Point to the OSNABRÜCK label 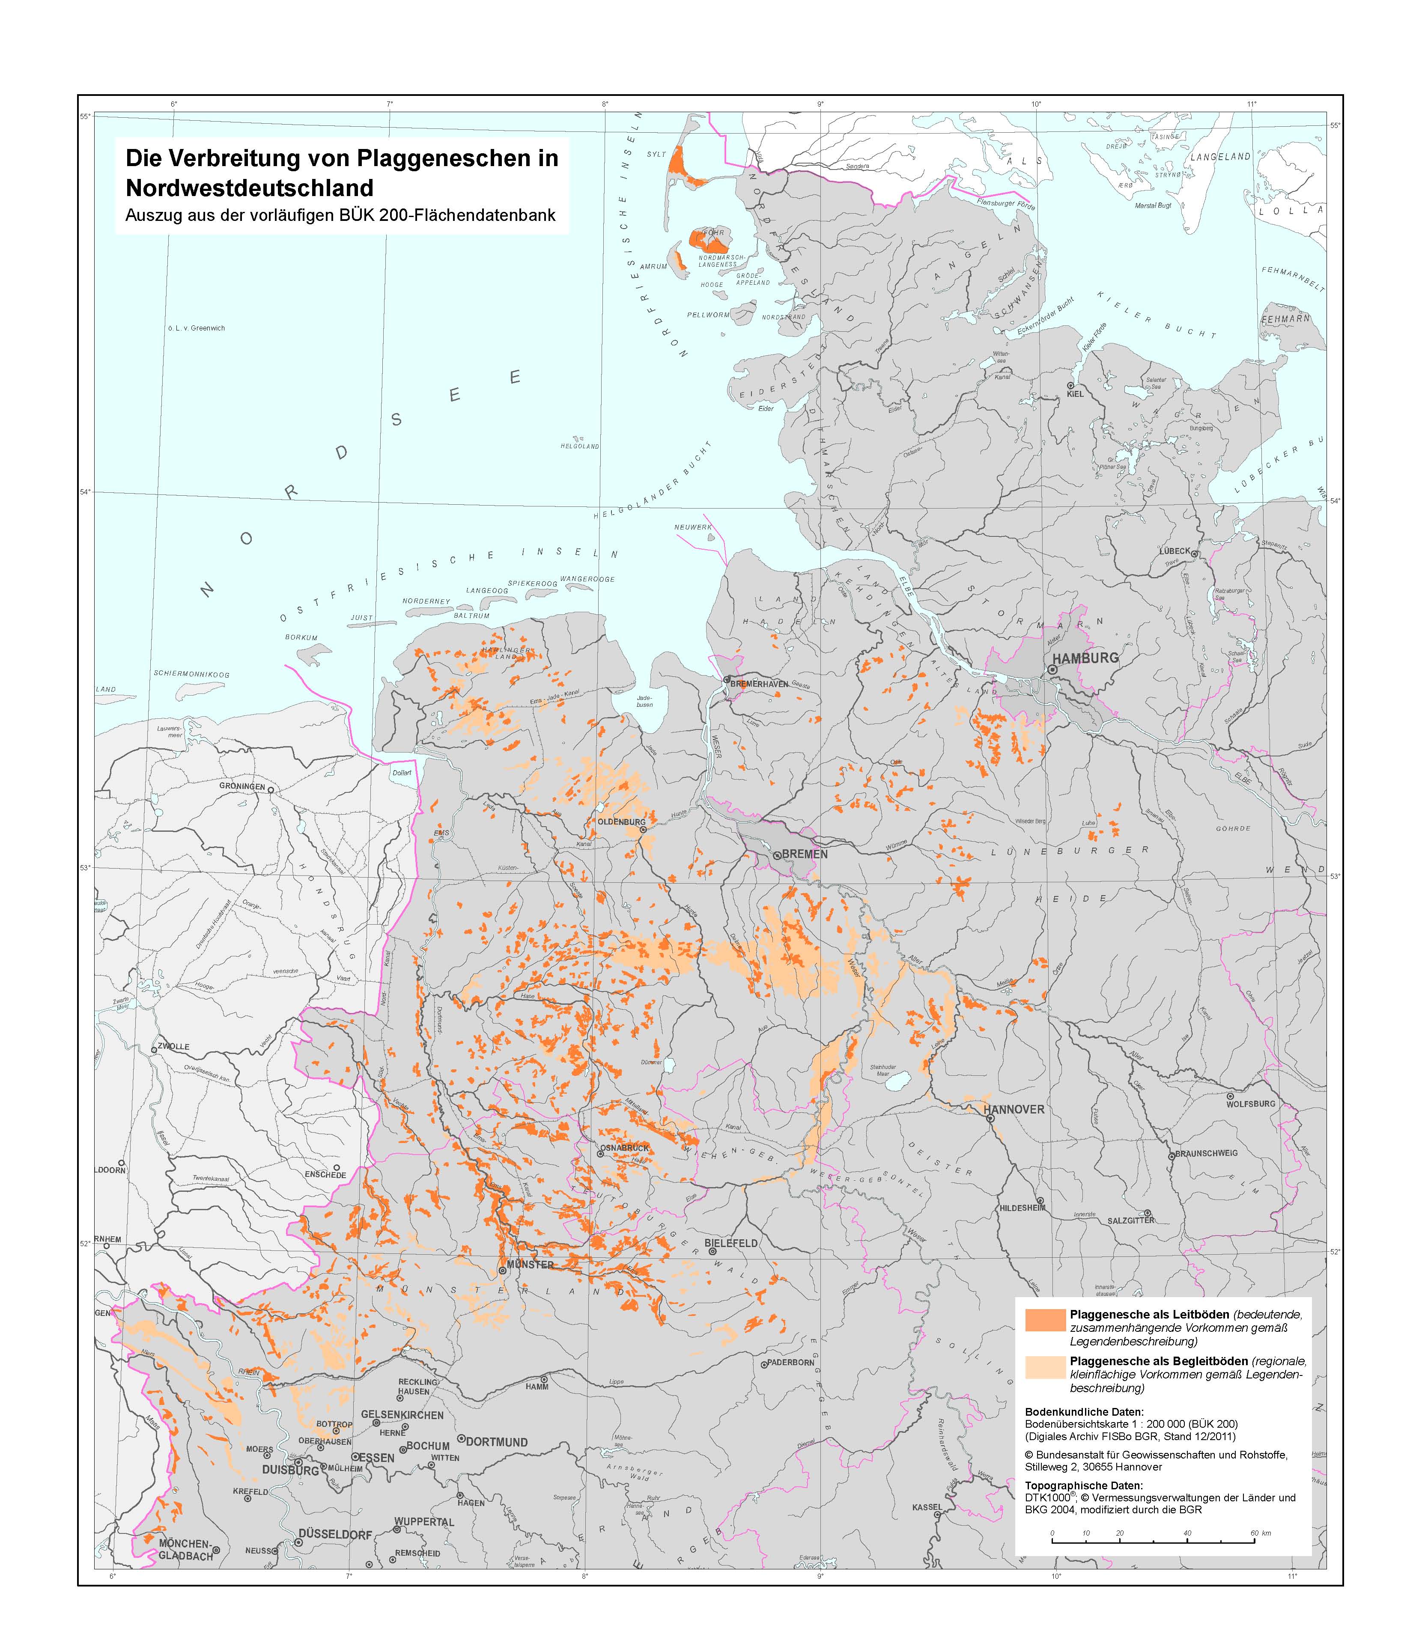(x=625, y=1148)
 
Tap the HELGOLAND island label (x=580, y=446)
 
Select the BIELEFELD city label (x=731, y=1243)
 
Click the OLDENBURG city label (x=621, y=821)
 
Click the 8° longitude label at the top (x=605, y=104)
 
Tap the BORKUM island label (x=301, y=638)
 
